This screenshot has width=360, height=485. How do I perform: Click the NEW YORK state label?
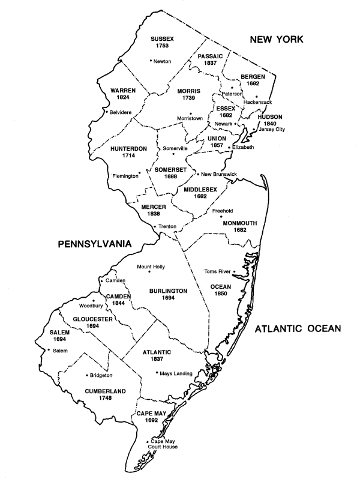click(277, 40)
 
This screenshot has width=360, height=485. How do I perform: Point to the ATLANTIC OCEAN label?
click(297, 328)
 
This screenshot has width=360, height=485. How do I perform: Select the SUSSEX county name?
click(163, 38)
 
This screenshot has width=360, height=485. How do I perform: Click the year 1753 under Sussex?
click(163, 46)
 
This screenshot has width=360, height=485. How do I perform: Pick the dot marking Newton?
click(150, 61)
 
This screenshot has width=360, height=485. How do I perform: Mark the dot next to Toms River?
click(234, 271)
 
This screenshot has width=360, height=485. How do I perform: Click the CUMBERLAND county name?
click(106, 391)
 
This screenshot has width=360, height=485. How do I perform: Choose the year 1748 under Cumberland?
click(106, 399)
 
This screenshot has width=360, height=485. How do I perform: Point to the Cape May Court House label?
click(164, 444)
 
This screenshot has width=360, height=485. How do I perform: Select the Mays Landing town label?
click(176, 373)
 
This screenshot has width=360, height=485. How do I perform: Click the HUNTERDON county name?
click(128, 147)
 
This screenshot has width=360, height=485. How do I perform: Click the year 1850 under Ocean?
click(220, 295)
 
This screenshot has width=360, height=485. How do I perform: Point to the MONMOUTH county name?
click(239, 223)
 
